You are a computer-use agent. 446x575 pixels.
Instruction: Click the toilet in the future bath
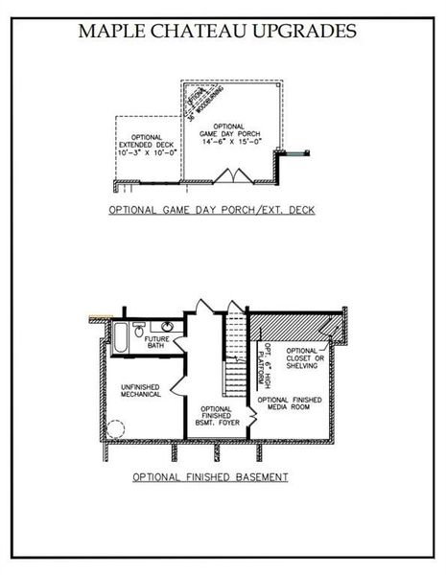coord(140,325)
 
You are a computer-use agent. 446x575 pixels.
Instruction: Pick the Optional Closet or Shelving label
coord(307,360)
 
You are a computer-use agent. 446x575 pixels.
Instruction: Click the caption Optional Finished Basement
coord(211,476)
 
